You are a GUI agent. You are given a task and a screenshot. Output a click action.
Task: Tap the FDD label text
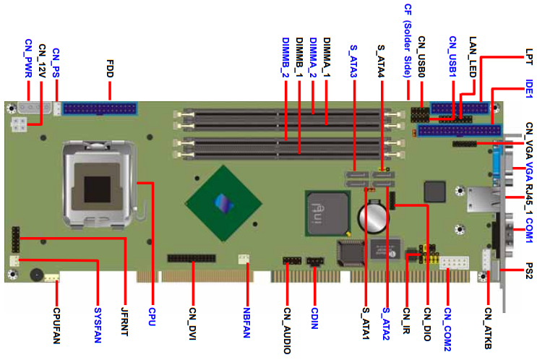point(110,69)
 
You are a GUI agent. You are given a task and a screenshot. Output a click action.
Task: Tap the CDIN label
point(314,319)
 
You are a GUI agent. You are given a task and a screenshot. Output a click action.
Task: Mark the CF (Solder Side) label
point(407,40)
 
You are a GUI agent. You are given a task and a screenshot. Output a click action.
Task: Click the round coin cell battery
point(374,215)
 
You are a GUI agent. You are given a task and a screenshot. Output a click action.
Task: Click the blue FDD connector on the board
point(100,109)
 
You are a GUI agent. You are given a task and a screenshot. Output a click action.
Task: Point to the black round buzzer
point(33,275)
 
